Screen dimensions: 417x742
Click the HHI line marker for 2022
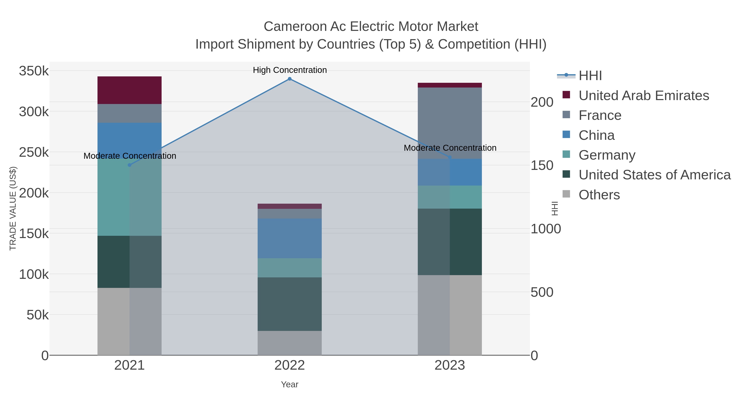pyautogui.click(x=290, y=79)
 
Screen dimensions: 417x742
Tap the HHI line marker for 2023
pyautogui.click(x=450, y=157)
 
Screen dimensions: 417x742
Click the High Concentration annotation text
pyautogui.click(x=290, y=70)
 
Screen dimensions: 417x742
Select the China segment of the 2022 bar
pyautogui.click(x=290, y=238)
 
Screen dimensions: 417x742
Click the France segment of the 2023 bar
pyautogui.click(x=450, y=123)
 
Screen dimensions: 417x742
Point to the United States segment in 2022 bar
pyautogui.click(x=290, y=304)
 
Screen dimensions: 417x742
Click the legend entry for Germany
pyautogui.click(x=607, y=155)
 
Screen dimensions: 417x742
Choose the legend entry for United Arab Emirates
pyautogui.click(x=643, y=96)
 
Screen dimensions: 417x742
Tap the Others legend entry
pyautogui.click(x=599, y=195)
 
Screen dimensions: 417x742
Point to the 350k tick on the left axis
pyautogui.click(x=34, y=71)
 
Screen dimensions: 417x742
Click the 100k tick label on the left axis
pyautogui.click(x=34, y=274)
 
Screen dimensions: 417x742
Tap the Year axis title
pyautogui.click(x=290, y=384)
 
